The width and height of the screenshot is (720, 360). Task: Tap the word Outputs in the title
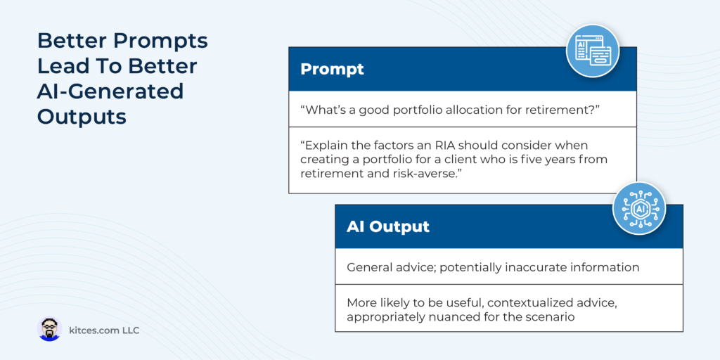pyautogui.click(x=82, y=116)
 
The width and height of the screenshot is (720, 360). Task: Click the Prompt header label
pyautogui.click(x=332, y=69)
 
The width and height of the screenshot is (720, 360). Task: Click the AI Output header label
pyautogui.click(x=388, y=226)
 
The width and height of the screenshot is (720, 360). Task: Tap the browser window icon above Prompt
pyautogui.click(x=592, y=51)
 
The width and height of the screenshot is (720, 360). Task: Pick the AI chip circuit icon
pyautogui.click(x=639, y=208)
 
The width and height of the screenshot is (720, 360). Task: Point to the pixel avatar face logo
pyautogui.click(x=49, y=329)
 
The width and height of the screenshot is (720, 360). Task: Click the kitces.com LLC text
pyautogui.click(x=104, y=330)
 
